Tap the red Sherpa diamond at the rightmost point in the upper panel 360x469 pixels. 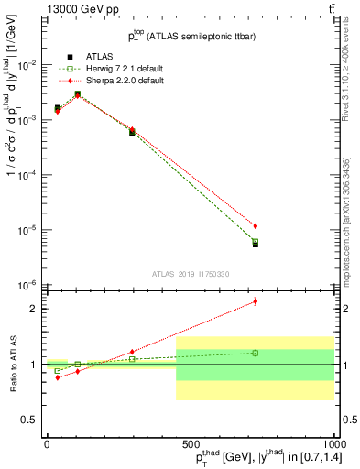pyautogui.click(x=256, y=225)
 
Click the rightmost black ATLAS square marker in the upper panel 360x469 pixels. pyautogui.click(x=256, y=244)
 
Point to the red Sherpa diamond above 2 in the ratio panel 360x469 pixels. pyautogui.click(x=256, y=300)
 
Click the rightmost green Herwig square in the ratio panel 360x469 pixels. pyautogui.click(x=256, y=353)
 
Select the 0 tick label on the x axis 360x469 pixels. pyautogui.click(x=47, y=444)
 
